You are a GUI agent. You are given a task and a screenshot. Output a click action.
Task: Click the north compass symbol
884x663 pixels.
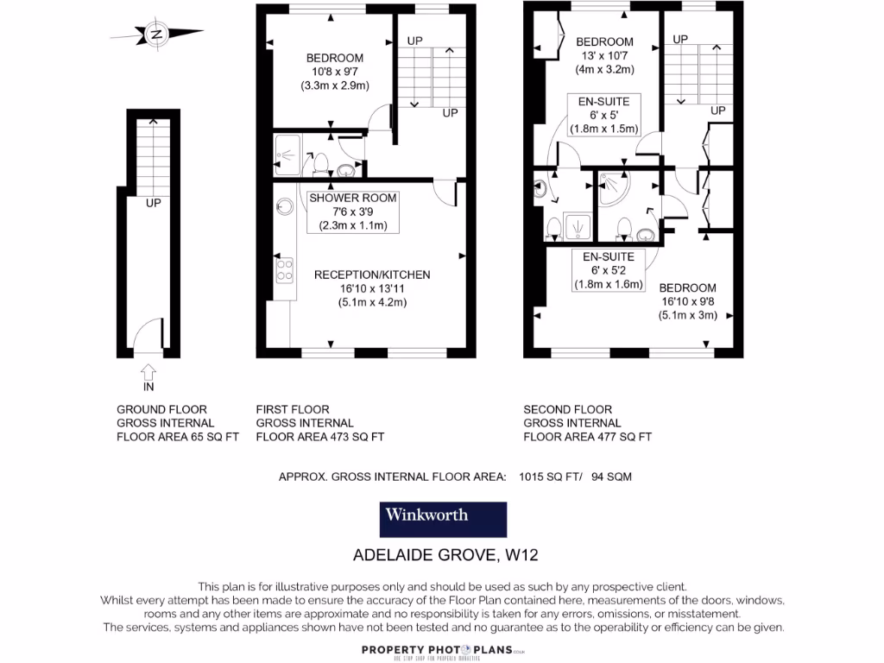point(156,35)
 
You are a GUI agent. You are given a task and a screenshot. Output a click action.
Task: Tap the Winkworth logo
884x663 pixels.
point(443,519)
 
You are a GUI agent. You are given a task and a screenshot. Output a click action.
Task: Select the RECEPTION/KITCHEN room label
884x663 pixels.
point(371,275)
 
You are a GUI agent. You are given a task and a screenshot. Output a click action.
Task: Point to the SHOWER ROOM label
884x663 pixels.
point(353,198)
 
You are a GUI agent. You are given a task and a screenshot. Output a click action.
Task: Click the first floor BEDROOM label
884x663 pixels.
point(335,58)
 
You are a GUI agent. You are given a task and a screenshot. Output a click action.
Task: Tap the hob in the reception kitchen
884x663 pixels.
point(283,270)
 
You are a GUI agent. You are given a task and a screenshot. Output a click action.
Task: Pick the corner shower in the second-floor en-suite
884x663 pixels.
point(614,185)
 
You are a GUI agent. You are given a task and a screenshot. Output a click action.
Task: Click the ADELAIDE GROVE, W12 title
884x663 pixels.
point(445,554)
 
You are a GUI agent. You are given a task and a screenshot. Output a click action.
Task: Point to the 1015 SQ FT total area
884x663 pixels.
point(551,477)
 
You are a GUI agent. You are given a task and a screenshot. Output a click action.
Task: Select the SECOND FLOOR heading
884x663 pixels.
point(567,409)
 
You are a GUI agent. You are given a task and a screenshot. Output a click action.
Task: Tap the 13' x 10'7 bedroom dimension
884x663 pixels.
point(604,55)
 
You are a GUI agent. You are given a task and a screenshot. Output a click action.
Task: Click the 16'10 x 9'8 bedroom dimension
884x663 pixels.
point(687,301)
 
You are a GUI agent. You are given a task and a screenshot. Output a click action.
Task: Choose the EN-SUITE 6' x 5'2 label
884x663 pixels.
point(609,270)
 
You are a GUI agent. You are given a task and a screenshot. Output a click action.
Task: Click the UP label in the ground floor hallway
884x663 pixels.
point(153,204)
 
